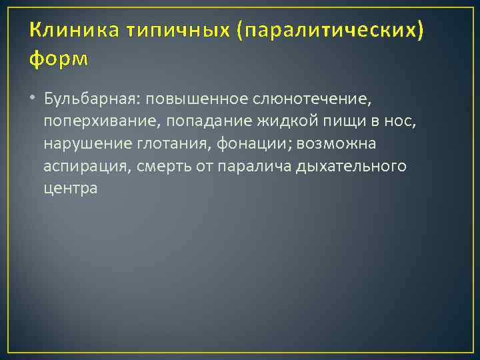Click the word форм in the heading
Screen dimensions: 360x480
(58, 59)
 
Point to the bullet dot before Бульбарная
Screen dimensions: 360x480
(33, 100)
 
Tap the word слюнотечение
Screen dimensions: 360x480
(311, 100)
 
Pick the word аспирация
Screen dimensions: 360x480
(85, 166)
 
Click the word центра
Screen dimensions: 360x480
(71, 188)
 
